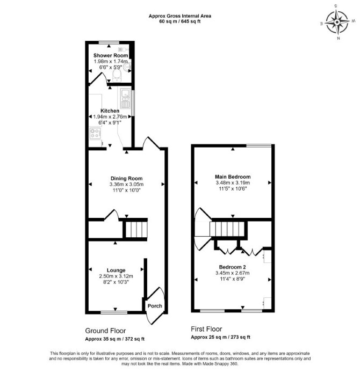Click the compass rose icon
click(x=337, y=23)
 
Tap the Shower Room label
click(x=111, y=55)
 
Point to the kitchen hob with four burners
click(x=95, y=133)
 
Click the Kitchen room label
click(x=110, y=111)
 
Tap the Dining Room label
click(x=126, y=178)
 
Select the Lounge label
click(x=116, y=270)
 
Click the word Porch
click(x=155, y=306)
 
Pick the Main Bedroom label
click(x=233, y=177)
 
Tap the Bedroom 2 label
click(x=232, y=267)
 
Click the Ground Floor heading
click(x=105, y=331)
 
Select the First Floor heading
click(x=206, y=329)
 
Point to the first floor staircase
click(x=227, y=229)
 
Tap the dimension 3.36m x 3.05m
click(x=126, y=185)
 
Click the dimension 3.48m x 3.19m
click(x=233, y=182)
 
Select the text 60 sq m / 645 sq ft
click(x=180, y=21)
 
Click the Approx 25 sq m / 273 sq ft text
click(x=220, y=337)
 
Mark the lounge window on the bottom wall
click(x=114, y=312)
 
